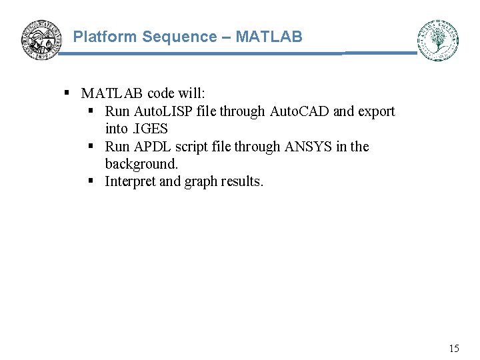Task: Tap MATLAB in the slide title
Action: click(x=269, y=37)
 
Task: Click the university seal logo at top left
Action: click(x=41, y=39)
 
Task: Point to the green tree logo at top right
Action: click(x=438, y=40)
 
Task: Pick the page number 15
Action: click(x=454, y=348)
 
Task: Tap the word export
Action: click(x=377, y=112)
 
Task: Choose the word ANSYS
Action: click(x=308, y=147)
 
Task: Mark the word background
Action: click(x=141, y=164)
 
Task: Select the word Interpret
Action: click(x=131, y=182)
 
